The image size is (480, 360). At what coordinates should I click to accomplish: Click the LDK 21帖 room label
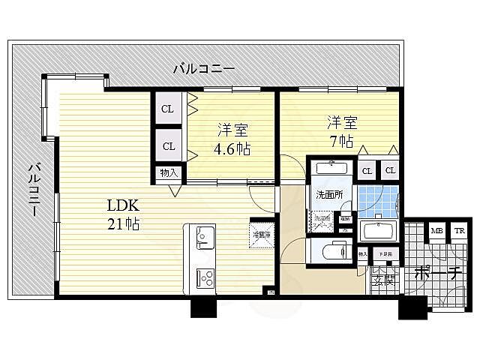tap(124, 214)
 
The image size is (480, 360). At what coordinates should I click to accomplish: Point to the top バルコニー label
tap(204, 69)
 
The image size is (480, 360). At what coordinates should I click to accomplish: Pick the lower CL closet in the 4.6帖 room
tap(168, 145)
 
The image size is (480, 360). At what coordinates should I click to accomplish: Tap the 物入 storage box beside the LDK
tap(168, 173)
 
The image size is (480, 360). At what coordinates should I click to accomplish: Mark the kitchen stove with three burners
tap(204, 278)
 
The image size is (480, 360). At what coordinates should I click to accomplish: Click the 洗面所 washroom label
tap(331, 195)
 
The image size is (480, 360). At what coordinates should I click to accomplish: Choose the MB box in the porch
tap(436, 231)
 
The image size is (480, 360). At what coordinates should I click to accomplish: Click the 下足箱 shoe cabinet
tap(384, 256)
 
